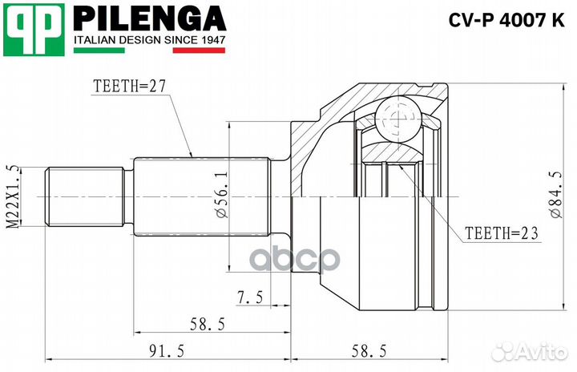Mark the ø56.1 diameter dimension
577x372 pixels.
click(x=220, y=196)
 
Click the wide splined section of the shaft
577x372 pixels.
click(x=200, y=196)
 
